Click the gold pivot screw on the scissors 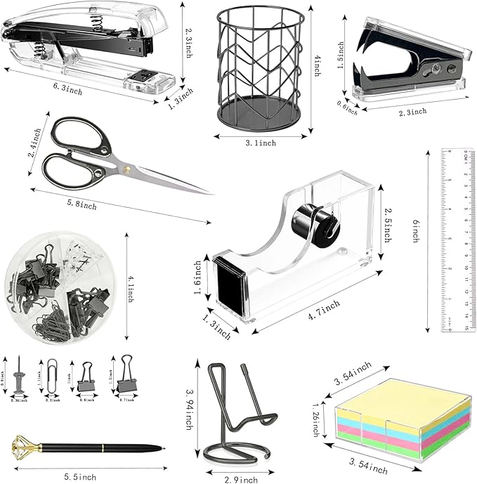(128, 170)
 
